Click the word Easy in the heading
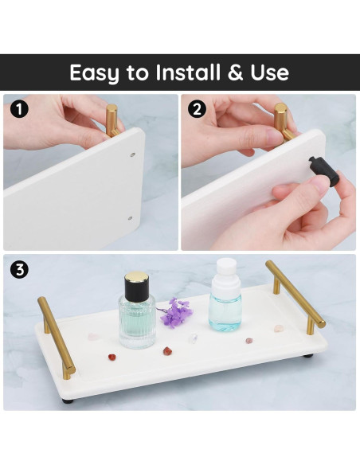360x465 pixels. (x=94, y=73)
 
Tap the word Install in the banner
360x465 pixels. (x=188, y=72)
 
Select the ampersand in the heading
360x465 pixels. (x=235, y=72)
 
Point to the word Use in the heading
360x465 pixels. (x=269, y=72)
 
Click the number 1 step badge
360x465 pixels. (x=19, y=109)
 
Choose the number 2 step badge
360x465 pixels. (x=197, y=109)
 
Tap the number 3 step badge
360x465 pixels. (x=19, y=270)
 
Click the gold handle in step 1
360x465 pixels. (x=112, y=120)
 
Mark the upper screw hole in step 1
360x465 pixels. (x=133, y=154)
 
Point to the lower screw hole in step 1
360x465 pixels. (x=130, y=218)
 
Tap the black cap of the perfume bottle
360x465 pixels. (x=136, y=286)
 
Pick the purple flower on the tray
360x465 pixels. (x=174, y=313)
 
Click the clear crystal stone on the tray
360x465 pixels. (x=193, y=338)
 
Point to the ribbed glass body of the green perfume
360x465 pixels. (x=137, y=322)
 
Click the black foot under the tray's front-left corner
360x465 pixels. (x=68, y=401)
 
